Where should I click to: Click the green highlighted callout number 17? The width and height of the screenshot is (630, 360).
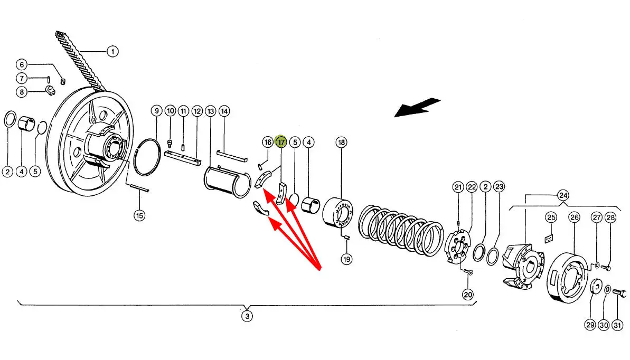[281, 142]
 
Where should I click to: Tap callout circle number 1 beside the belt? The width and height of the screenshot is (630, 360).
[112, 51]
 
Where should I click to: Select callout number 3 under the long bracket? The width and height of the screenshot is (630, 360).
[247, 316]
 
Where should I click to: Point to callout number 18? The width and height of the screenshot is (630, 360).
[341, 142]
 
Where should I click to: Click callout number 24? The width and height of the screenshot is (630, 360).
[563, 195]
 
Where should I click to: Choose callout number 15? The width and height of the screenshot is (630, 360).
[139, 216]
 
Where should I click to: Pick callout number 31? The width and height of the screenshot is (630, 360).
[617, 325]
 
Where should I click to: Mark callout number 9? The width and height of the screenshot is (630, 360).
[157, 111]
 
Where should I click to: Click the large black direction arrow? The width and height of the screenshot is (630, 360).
[417, 107]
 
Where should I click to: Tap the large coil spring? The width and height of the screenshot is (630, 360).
[401, 230]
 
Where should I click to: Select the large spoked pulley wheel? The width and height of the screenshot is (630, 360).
[90, 143]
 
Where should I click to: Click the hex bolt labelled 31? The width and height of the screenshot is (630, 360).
[619, 294]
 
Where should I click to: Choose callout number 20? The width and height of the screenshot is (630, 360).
[468, 295]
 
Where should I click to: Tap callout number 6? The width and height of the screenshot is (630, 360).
[22, 64]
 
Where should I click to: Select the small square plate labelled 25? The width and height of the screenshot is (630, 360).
[549, 239]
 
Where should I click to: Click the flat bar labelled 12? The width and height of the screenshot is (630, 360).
[183, 157]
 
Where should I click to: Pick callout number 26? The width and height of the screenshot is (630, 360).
[574, 217]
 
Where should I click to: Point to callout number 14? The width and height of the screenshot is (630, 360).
[224, 111]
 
